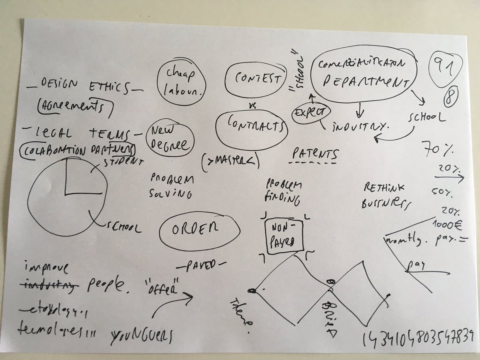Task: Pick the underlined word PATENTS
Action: [x=315, y=154]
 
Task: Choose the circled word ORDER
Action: [x=199, y=229]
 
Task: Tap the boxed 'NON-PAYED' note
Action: [x=284, y=236]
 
